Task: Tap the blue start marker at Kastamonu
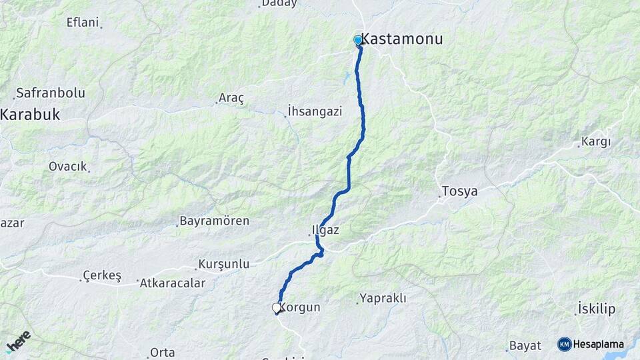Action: [358, 41]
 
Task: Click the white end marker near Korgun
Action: [276, 308]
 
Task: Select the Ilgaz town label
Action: [325, 231]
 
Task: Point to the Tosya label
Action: [459, 191]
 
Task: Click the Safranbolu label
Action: [50, 93]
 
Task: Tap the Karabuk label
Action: [30, 115]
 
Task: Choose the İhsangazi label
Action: [315, 111]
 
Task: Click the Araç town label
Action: [231, 98]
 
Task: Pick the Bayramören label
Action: [215, 221]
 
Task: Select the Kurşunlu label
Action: [225, 265]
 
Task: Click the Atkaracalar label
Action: [172, 283]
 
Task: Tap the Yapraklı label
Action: [383, 298]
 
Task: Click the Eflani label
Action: [83, 23]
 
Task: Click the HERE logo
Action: [18, 341]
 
